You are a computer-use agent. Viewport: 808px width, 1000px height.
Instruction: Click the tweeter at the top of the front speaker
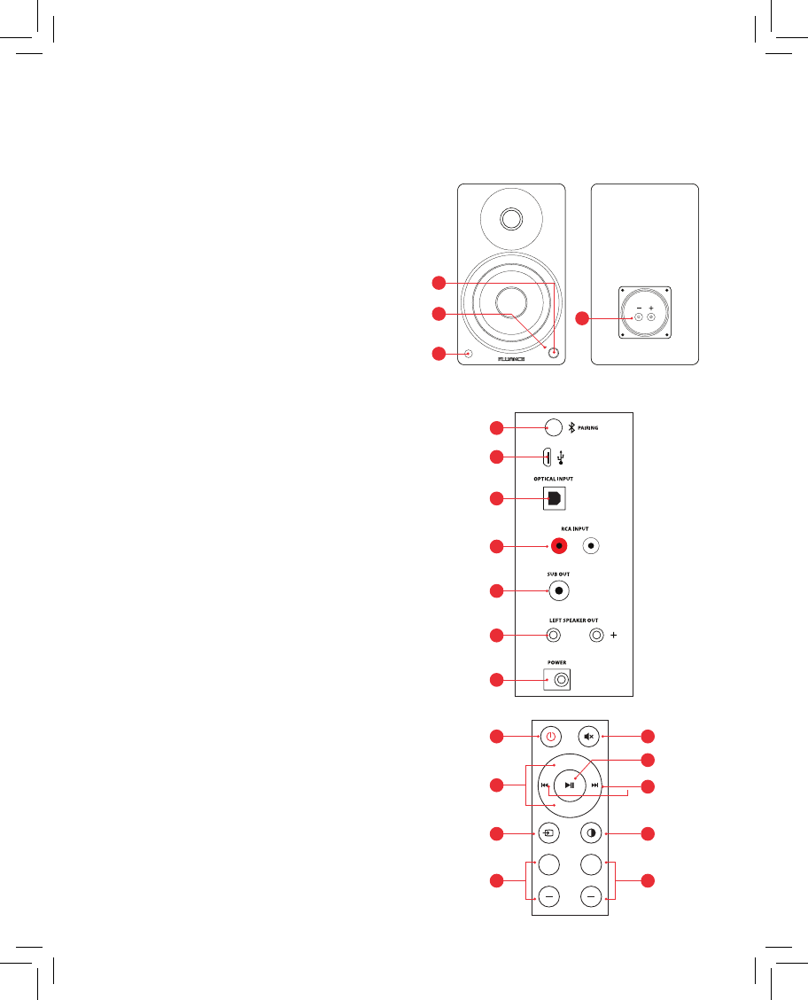coord(511,218)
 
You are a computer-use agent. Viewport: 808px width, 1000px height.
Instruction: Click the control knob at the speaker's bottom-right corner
coord(555,353)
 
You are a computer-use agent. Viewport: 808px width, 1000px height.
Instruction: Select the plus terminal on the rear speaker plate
coord(651,316)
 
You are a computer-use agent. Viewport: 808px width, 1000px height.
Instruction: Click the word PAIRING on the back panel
coord(588,428)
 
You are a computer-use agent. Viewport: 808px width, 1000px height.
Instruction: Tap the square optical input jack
coord(553,499)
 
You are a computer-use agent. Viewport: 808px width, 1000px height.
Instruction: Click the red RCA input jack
coord(559,545)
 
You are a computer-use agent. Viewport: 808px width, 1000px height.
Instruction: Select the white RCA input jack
coord(592,545)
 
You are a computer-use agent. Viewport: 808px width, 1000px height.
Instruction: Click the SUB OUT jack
coord(559,590)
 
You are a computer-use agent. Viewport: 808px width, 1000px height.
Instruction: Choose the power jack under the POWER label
coord(559,680)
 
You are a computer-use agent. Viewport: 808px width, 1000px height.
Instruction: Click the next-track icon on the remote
coord(595,785)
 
